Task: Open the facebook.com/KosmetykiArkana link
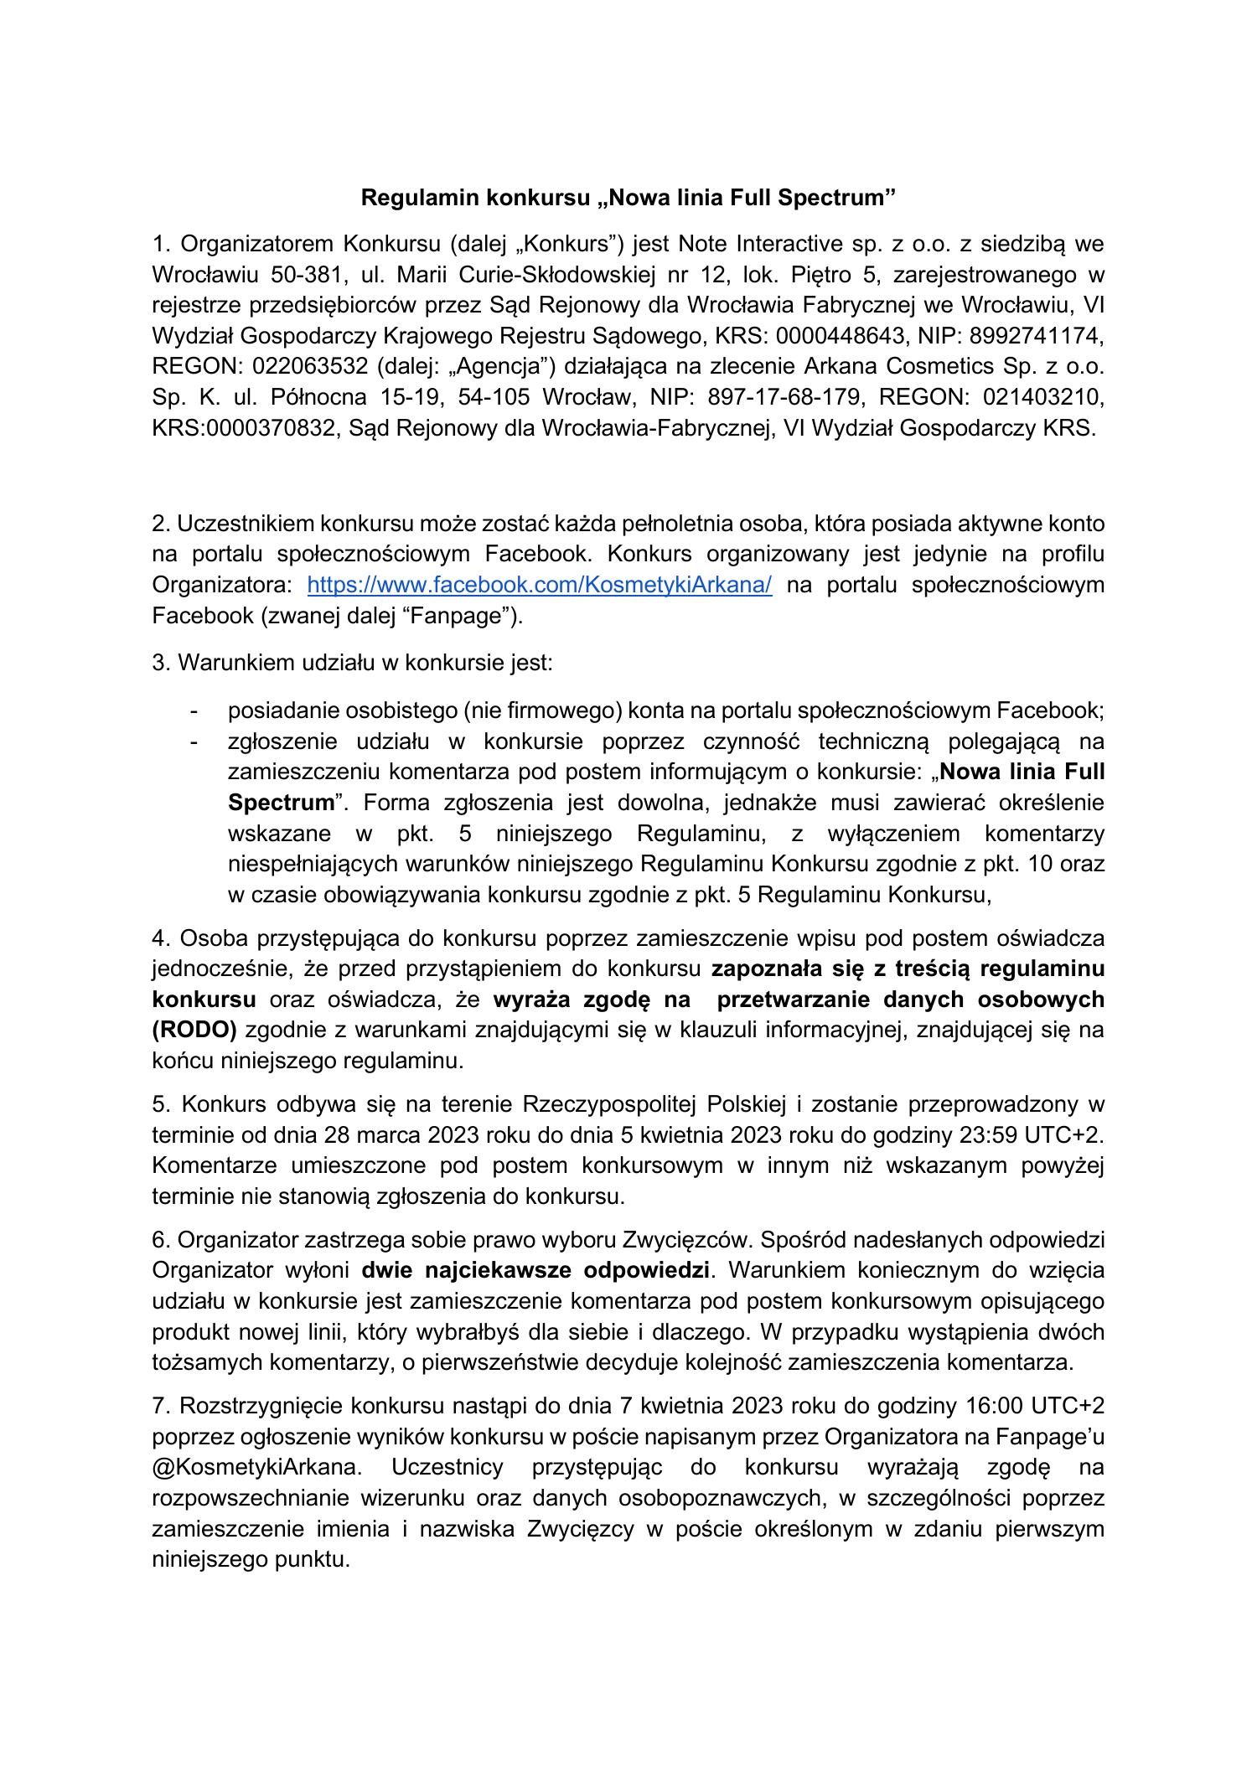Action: (540, 585)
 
